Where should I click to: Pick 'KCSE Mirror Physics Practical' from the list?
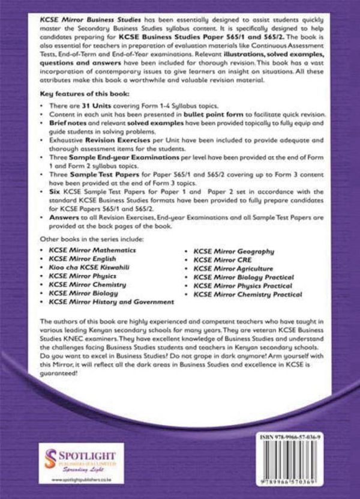pyautogui.click(x=242, y=286)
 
